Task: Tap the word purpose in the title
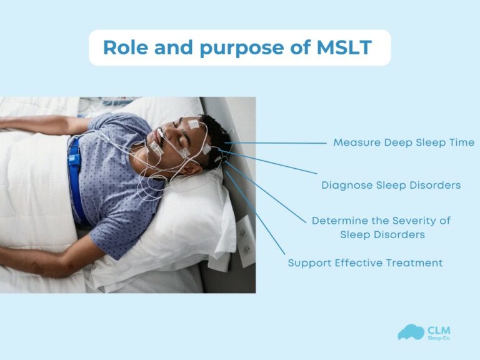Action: (235, 47)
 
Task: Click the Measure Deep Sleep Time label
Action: (403, 142)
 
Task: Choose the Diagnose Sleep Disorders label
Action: (391, 185)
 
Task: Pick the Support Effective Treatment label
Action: (365, 263)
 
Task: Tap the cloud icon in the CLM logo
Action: (410, 332)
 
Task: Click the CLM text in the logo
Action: (439, 329)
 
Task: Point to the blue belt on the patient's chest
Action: (76, 181)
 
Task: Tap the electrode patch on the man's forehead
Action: (194, 125)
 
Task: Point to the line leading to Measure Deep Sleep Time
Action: (275, 142)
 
